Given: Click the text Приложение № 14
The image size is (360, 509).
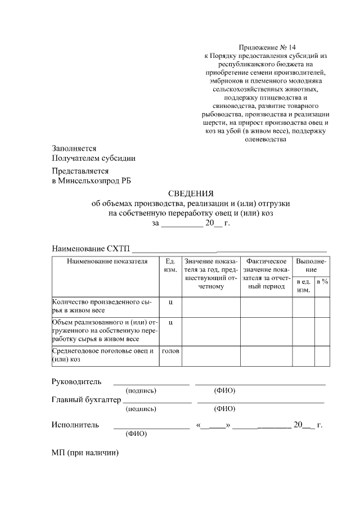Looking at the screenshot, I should click(x=267, y=47).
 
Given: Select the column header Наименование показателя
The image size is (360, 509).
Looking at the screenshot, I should click(x=107, y=262).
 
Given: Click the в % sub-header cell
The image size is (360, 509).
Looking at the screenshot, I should click(x=322, y=281).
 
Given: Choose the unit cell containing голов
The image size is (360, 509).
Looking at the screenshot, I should click(x=170, y=352).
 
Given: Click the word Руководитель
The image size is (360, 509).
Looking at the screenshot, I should click(x=76, y=382).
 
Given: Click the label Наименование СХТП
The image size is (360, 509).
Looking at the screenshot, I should click(x=91, y=249).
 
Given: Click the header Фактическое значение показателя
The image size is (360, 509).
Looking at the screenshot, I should click(x=266, y=274).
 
